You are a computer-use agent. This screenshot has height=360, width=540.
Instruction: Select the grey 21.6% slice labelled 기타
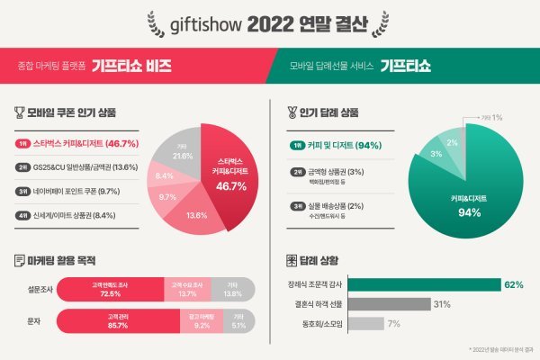click(181, 154)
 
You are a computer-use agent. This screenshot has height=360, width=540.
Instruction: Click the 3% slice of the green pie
click(436, 154)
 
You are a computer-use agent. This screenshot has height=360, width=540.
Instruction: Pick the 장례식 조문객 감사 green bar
click(423, 285)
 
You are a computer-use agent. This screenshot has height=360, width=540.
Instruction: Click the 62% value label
click(514, 285)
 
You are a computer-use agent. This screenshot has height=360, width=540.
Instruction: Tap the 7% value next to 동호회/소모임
click(392, 323)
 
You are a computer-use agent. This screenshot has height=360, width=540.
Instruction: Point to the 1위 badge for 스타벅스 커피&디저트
click(22, 143)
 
